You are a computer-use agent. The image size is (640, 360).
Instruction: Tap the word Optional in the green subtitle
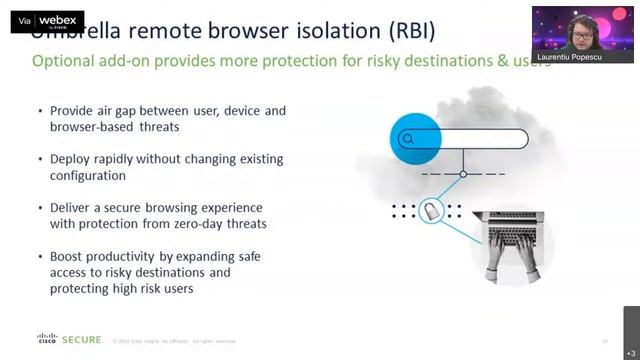click(x=60, y=61)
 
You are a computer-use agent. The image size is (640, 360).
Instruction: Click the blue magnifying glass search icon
click(x=407, y=139)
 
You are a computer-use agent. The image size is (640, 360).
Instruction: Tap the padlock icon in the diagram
click(x=431, y=211)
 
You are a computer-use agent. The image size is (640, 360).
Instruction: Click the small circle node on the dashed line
click(x=462, y=175)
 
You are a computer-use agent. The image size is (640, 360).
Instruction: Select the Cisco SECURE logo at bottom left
click(x=69, y=340)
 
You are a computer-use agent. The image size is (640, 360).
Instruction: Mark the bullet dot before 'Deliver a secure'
click(x=39, y=208)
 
